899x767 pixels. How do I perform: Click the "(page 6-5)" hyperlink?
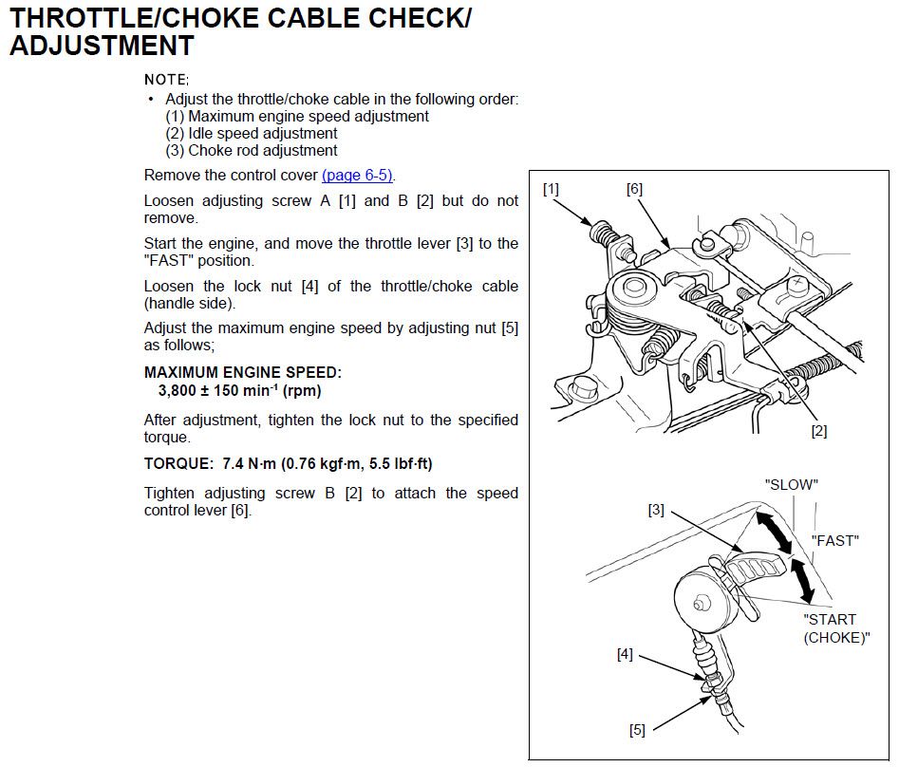point(358,176)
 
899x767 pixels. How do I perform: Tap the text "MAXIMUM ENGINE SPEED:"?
point(242,373)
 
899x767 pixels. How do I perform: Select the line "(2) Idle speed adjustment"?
point(252,133)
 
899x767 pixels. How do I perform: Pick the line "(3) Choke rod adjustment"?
point(252,150)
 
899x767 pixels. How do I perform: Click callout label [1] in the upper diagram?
point(551,189)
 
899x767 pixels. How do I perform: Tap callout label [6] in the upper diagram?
point(634,189)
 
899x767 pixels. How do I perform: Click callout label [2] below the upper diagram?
point(818,430)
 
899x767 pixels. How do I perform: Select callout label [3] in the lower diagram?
point(656,510)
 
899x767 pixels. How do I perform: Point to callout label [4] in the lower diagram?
point(625,654)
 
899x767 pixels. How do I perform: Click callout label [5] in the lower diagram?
point(637,729)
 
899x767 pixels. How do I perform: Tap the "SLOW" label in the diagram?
point(791,484)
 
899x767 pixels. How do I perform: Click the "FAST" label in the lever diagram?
point(834,540)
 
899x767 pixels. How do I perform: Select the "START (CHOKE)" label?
point(835,628)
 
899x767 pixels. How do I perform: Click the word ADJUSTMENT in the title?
point(102,45)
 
